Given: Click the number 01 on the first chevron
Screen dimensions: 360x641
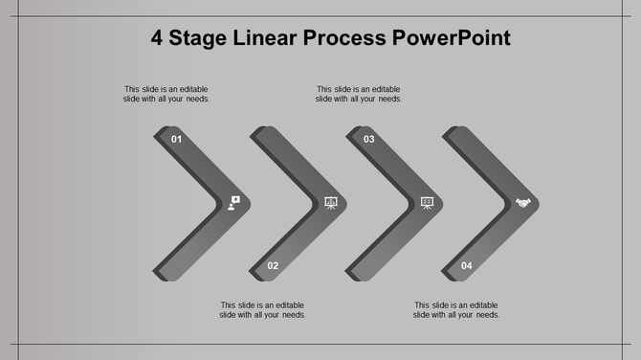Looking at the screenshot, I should (176, 140).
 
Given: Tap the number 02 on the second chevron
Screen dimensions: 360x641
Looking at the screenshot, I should (273, 265).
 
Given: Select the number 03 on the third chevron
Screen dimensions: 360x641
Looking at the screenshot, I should (368, 140).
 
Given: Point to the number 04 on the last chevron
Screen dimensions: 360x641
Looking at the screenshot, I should (466, 265).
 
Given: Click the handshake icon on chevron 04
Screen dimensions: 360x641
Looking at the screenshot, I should (523, 202).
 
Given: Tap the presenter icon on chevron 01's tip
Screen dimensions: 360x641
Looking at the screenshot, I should (234, 202).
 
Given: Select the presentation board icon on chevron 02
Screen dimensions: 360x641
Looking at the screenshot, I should (331, 202).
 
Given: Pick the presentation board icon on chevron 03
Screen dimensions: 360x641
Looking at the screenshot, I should (427, 202).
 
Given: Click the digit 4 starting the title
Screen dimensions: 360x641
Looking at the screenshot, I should (157, 38).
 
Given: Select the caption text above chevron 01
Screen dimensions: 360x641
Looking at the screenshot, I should (166, 94).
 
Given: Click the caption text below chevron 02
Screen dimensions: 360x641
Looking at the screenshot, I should (262, 310).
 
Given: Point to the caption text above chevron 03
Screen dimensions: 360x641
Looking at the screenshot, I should (359, 94).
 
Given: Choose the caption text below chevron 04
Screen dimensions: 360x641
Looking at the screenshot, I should (456, 310).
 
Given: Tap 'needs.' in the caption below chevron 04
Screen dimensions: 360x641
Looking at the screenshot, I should (488, 315).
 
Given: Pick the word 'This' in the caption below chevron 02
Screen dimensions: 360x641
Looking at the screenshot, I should (229, 305).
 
